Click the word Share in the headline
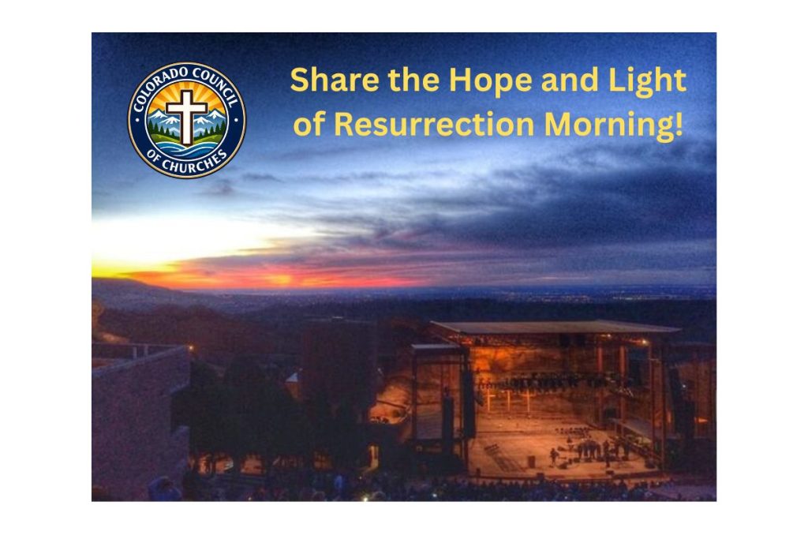335,80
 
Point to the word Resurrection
434,124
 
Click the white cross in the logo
186,117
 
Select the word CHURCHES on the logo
186,161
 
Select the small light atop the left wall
191,348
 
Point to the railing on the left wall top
138,350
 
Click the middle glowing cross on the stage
508,400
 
